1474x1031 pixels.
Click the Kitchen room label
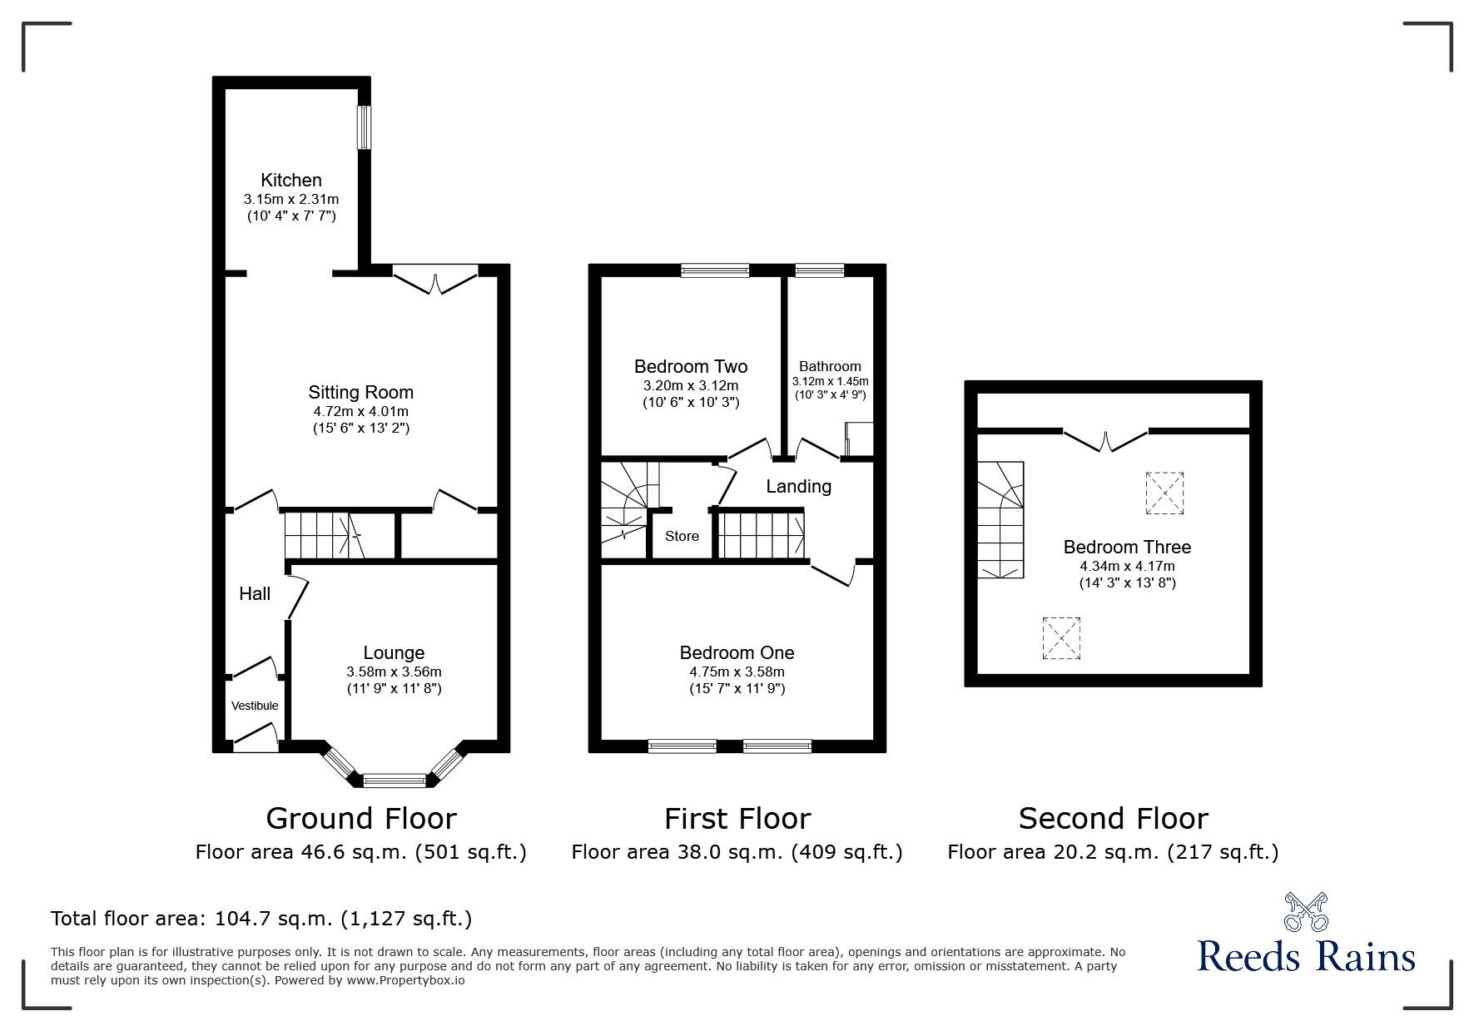290,180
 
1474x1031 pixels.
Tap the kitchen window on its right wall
364,127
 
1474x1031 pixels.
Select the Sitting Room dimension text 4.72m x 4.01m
360,411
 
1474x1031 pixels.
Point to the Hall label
255,593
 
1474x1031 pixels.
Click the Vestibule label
255,706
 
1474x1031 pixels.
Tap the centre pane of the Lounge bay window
394,780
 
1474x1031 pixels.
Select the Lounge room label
394,653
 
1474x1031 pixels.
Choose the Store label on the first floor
682,536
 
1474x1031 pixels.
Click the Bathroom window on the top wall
819,270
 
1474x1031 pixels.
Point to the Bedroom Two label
690,366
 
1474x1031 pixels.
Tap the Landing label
798,486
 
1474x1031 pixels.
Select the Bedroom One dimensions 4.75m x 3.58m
737,672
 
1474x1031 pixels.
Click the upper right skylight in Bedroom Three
1164,493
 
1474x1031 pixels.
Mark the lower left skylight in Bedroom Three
1060,638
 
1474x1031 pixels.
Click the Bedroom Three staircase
1000,519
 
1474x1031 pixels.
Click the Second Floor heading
1113,819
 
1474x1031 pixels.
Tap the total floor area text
261,919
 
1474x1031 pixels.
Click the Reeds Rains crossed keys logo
1306,912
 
